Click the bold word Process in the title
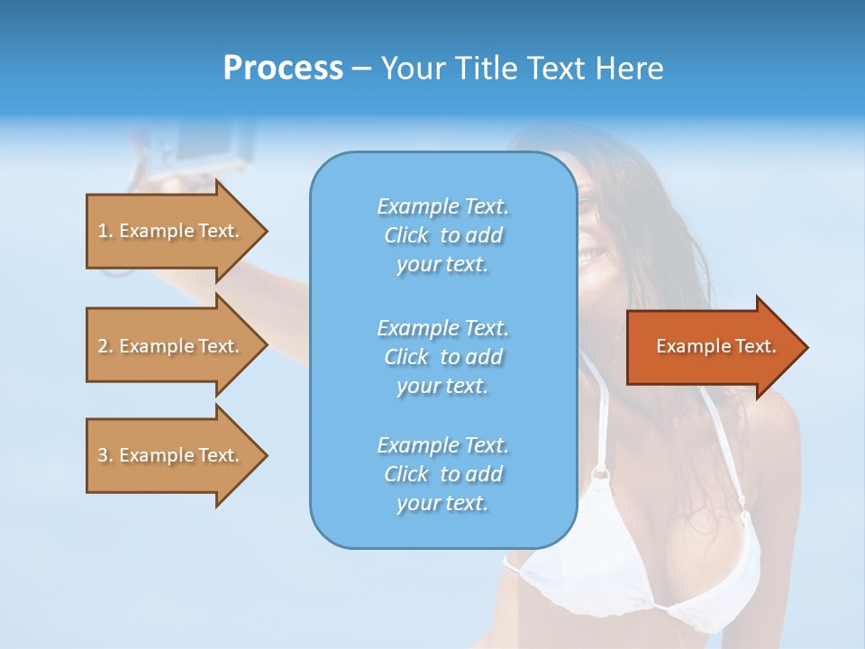[283, 69]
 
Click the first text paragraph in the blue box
[442, 235]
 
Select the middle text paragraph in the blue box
[442, 357]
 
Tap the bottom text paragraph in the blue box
[442, 474]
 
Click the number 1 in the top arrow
[103, 231]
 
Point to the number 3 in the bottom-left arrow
[103, 455]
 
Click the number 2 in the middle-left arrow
[103, 346]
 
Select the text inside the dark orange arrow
[716, 346]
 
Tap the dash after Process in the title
[361, 69]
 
